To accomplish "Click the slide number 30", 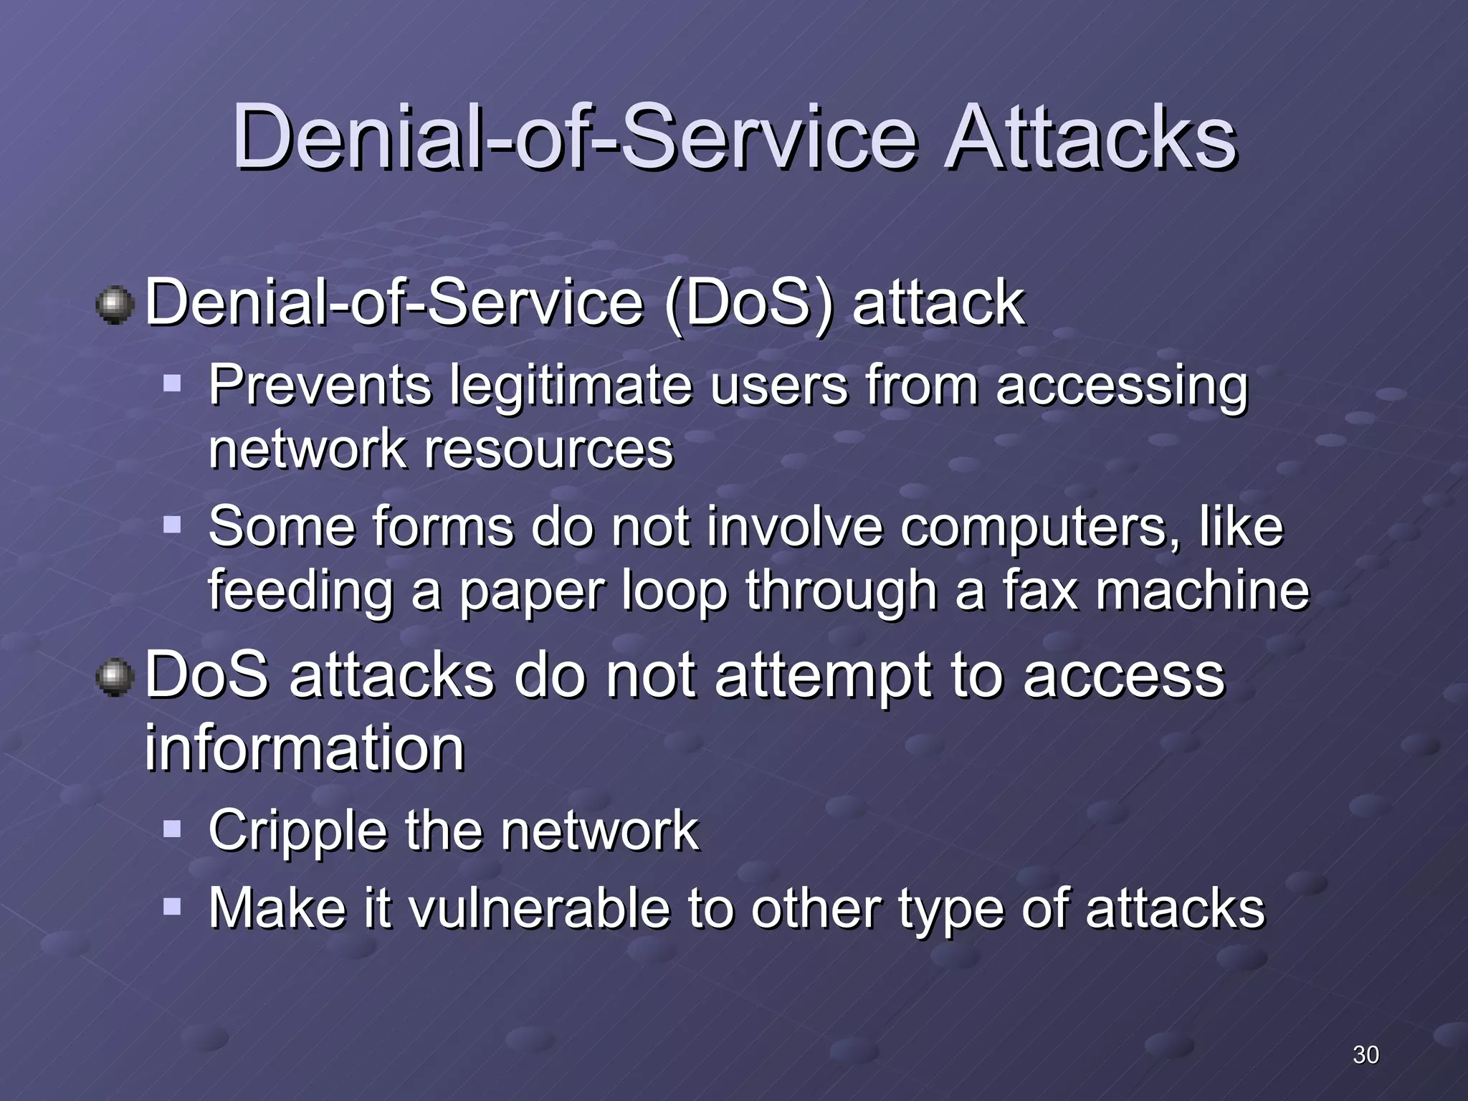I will [1365, 1054].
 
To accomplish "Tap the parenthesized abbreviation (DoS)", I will [749, 303].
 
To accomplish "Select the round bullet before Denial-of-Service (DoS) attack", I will [115, 305].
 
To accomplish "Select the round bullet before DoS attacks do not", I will [115, 678].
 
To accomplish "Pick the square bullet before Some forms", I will [172, 525].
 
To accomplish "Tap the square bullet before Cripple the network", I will [172, 829].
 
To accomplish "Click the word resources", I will [549, 450].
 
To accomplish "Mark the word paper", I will [533, 593].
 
